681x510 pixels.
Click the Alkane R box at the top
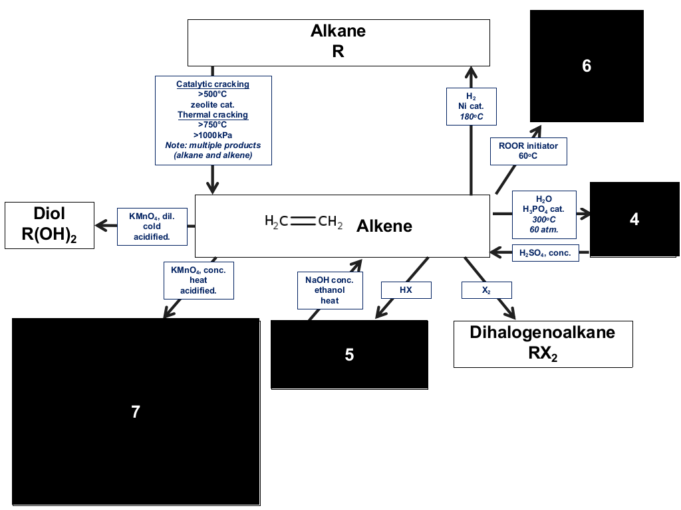(339, 42)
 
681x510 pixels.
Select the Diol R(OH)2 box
(49, 225)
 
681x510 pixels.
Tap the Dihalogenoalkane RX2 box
(543, 344)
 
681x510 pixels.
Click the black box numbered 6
(587, 66)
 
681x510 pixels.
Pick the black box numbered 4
(634, 219)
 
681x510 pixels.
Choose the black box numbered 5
(349, 355)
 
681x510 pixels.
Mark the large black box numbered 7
(136, 412)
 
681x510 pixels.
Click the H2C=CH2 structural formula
(303, 222)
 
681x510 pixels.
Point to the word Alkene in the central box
(384, 226)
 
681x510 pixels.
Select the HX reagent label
(406, 290)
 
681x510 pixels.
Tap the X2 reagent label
(486, 290)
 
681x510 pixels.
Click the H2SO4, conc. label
(545, 253)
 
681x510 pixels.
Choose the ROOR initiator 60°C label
(529, 151)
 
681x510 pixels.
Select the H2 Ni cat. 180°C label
(472, 106)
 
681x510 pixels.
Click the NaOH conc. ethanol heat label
(330, 290)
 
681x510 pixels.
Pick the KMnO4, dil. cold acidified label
(152, 226)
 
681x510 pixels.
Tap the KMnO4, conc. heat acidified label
(198, 280)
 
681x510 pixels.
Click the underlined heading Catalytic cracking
(213, 84)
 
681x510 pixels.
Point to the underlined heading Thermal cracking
(213, 115)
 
